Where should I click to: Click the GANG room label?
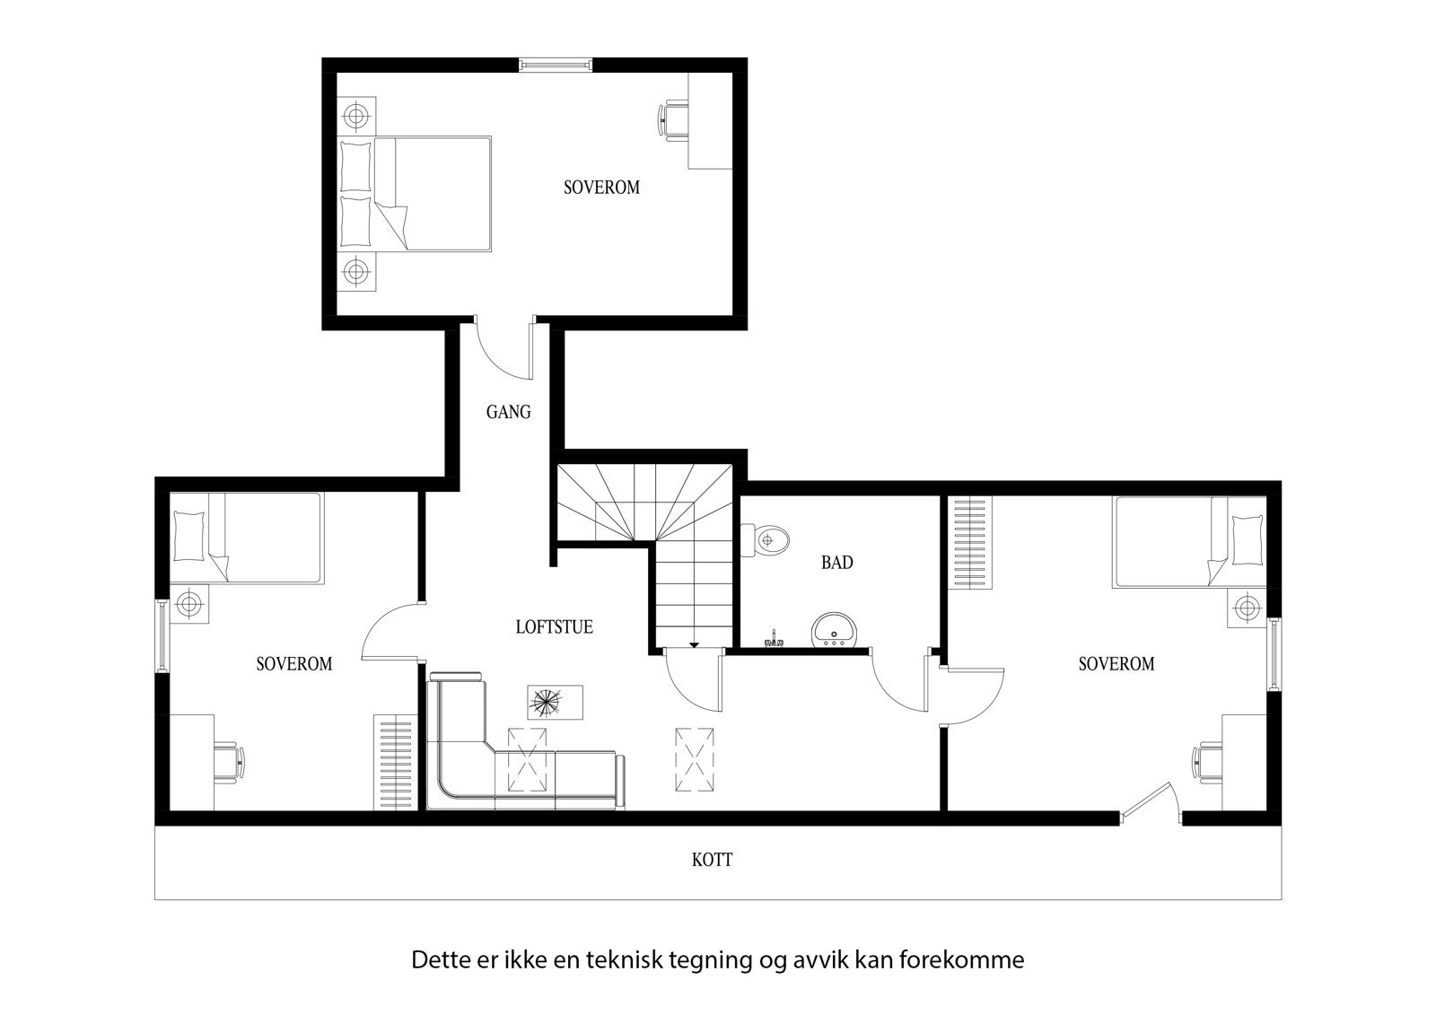coord(508,412)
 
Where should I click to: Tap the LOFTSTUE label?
coord(554,627)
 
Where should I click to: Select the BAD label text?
coord(836,563)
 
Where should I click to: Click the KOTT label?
coord(712,860)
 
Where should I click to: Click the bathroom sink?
coord(835,631)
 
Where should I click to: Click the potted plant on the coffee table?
coord(545,703)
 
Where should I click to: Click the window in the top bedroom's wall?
coord(556,63)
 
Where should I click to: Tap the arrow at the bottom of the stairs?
coord(693,643)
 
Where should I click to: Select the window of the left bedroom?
coord(162,635)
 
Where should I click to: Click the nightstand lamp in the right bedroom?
coord(1246,608)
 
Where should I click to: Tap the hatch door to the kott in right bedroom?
coord(1151,801)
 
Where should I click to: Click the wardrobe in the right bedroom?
coord(972,544)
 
